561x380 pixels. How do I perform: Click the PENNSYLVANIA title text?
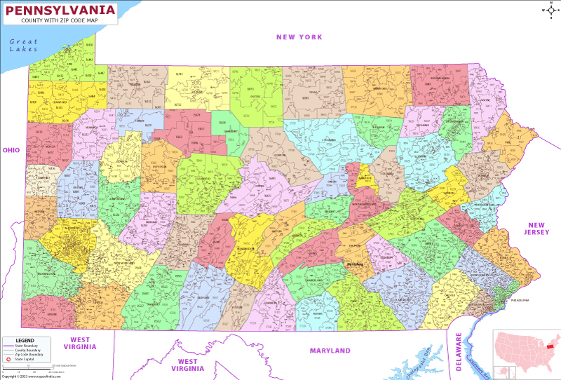(x=60, y=11)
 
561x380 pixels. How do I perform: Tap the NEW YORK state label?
(x=299, y=37)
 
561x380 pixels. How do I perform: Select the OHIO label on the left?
(x=11, y=150)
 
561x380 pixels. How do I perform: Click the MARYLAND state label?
(x=330, y=351)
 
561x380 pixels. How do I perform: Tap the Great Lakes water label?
(x=23, y=46)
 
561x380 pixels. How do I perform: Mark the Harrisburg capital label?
(x=356, y=264)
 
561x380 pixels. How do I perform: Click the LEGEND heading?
(x=25, y=340)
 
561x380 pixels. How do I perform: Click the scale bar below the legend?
(x=28, y=368)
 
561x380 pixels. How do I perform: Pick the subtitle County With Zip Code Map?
(x=60, y=21)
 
